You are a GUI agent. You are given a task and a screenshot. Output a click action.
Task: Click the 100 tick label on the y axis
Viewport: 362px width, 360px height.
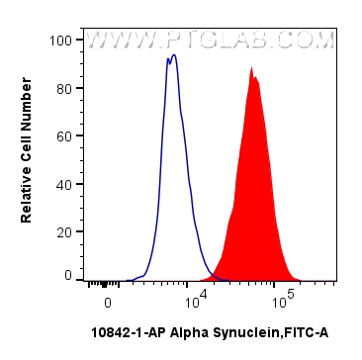click(61, 41)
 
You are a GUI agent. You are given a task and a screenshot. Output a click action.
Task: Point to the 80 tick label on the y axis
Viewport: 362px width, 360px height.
click(64, 88)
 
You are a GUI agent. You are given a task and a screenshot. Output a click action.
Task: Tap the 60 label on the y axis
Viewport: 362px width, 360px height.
click(64, 135)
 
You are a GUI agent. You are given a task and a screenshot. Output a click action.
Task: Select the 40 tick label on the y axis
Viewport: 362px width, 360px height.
click(64, 183)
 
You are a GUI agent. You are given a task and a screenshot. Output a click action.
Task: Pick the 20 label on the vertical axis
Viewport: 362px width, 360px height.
click(64, 230)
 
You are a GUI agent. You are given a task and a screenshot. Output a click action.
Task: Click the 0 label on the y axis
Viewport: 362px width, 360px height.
click(68, 276)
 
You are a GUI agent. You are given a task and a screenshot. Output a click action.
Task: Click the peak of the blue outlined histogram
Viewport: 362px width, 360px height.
click(172, 56)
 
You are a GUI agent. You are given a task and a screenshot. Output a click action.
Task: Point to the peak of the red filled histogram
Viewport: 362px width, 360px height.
click(252, 68)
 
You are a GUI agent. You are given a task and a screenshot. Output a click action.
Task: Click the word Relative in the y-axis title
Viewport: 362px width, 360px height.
click(28, 192)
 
